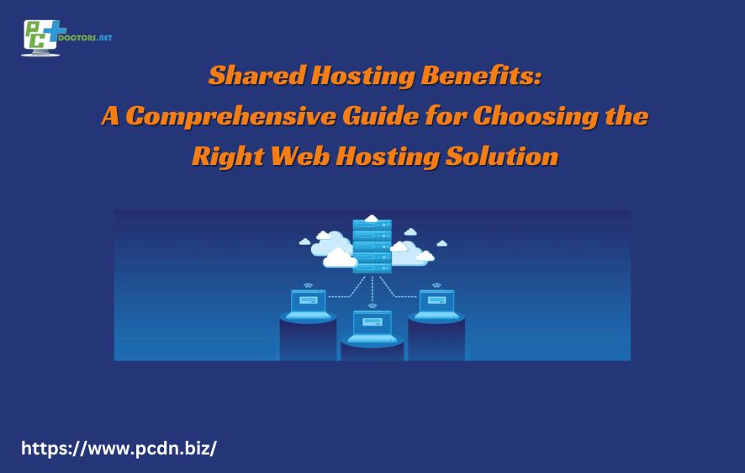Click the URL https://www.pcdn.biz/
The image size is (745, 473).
pyautogui.click(x=119, y=448)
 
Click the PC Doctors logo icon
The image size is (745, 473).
pyautogui.click(x=40, y=38)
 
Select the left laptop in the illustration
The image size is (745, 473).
pyautogui.click(x=309, y=303)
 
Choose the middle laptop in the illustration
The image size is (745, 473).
pyautogui.click(x=372, y=325)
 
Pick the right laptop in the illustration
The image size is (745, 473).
pyautogui.click(x=436, y=303)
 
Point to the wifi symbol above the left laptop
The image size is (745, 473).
pyautogui.click(x=308, y=285)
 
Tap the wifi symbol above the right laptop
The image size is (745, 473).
pyautogui.click(x=436, y=285)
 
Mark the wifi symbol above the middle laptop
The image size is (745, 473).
pyautogui.click(x=372, y=306)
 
